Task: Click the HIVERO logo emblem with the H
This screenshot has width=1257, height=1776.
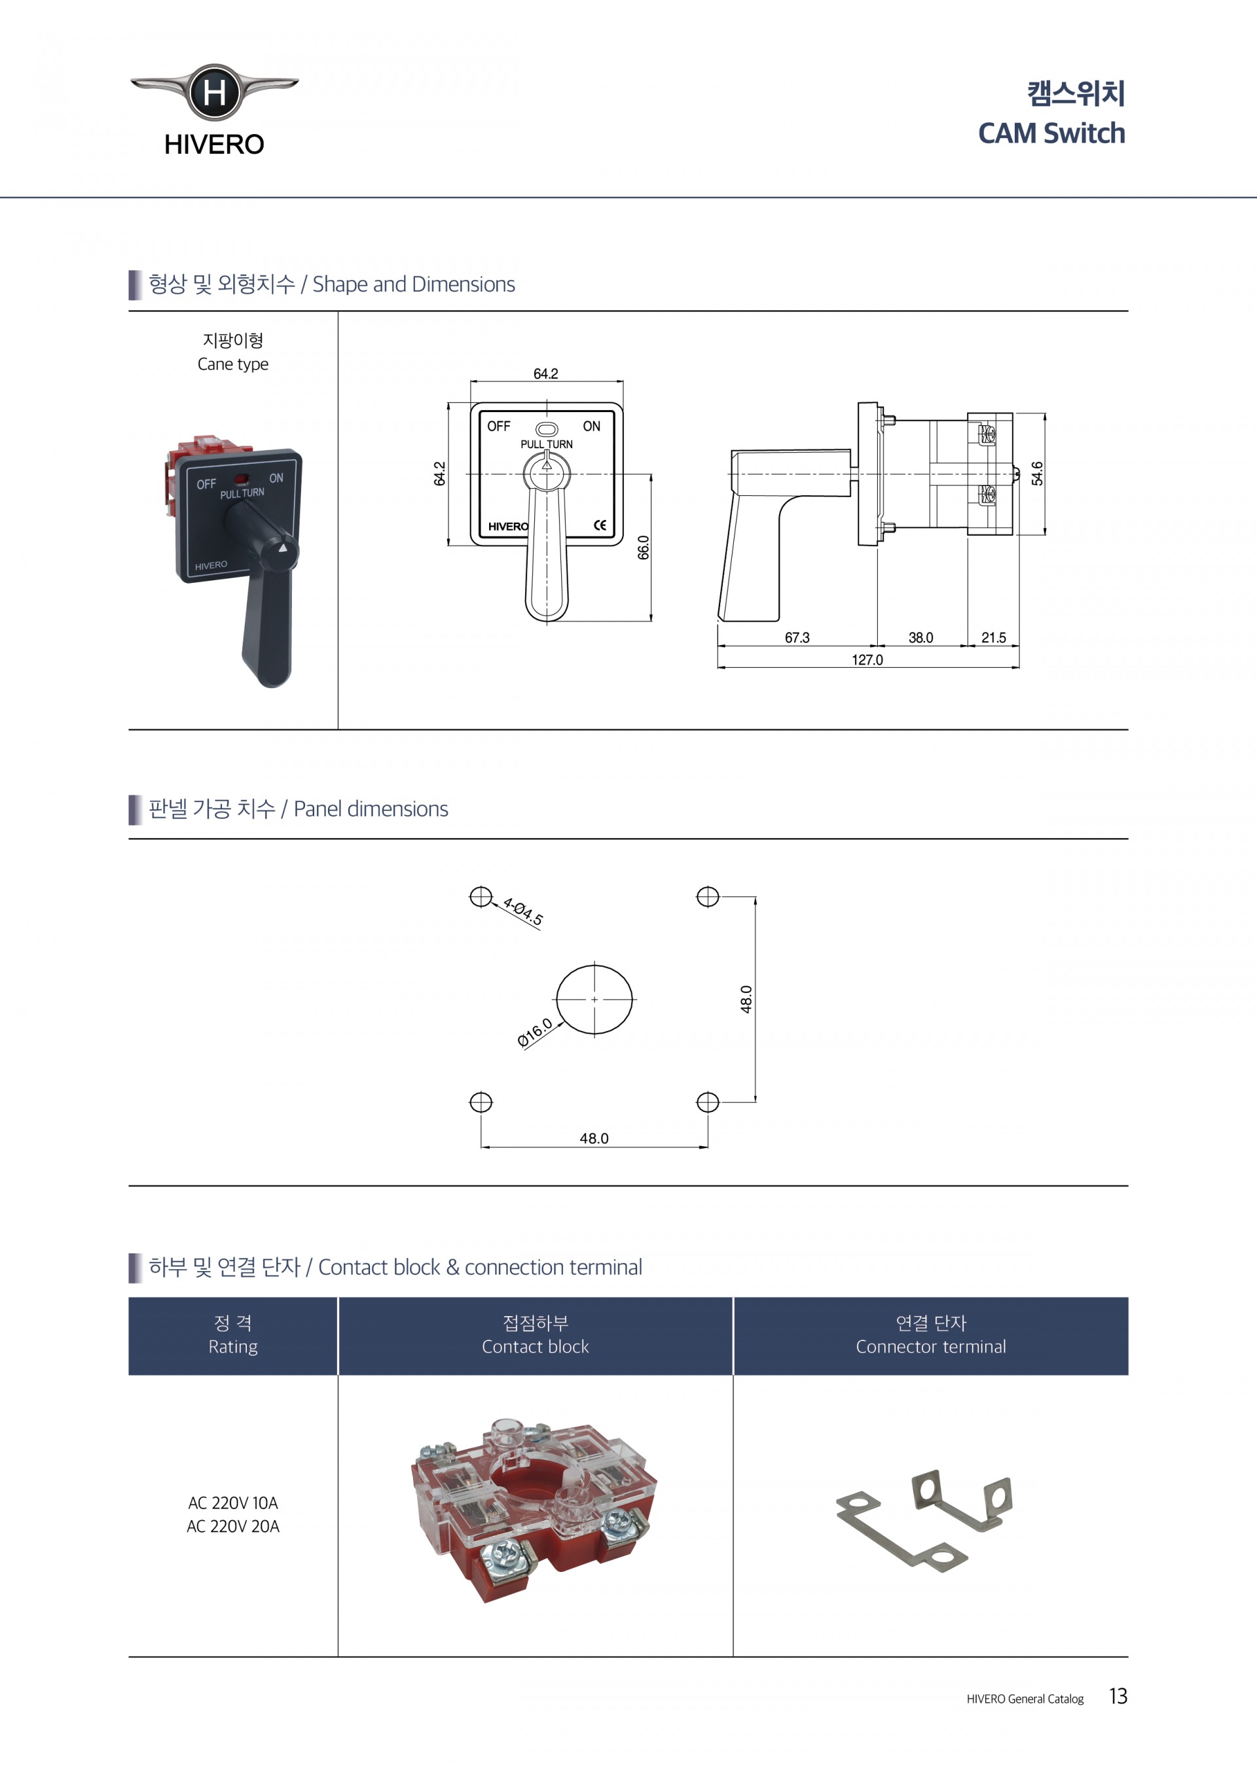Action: [x=214, y=92]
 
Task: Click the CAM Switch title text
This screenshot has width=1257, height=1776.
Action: [x=1051, y=133]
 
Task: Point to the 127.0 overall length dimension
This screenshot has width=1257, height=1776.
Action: [x=867, y=660]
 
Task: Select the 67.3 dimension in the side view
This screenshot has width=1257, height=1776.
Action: [x=797, y=637]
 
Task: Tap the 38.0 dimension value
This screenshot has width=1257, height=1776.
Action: [x=921, y=637]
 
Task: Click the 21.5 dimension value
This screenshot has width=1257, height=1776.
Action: [x=994, y=637]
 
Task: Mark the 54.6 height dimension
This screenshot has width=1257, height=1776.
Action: [x=1037, y=474]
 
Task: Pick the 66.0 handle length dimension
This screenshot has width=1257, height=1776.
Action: [x=644, y=547]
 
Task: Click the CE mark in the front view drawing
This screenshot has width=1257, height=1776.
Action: [x=600, y=525]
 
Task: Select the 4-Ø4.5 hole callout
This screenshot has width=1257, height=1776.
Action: [x=523, y=911]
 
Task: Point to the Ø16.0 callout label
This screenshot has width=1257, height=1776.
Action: [x=535, y=1033]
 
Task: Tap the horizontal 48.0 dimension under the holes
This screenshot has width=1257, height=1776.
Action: [x=594, y=1138]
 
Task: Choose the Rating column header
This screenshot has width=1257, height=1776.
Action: [x=233, y=1347]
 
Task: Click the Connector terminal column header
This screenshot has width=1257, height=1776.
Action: [x=931, y=1347]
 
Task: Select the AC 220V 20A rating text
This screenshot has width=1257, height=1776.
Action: [x=233, y=1526]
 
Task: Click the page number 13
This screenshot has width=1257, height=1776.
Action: [x=1118, y=1696]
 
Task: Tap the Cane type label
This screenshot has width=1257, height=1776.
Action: [x=233, y=364]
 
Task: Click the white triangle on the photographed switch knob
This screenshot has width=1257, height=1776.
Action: [x=283, y=548]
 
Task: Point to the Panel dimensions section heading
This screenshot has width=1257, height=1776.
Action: [x=298, y=809]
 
